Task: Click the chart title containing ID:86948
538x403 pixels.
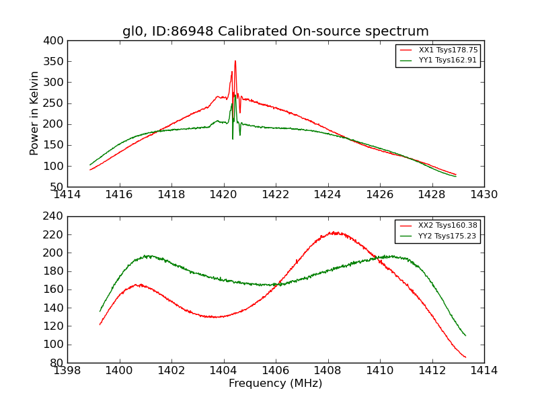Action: [x=275, y=31]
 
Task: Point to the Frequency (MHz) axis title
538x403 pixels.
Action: [x=275, y=384]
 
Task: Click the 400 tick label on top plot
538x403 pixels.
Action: [x=55, y=41]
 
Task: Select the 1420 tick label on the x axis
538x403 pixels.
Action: [x=223, y=194]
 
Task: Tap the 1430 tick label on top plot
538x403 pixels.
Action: [x=484, y=194]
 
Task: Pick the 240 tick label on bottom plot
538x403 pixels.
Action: [x=55, y=216]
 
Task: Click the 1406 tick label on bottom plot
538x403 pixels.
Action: [x=275, y=370]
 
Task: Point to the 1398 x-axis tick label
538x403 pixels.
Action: [x=67, y=370]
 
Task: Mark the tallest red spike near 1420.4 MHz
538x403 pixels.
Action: [x=235, y=61]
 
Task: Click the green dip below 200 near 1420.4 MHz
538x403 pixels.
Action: [x=233, y=138]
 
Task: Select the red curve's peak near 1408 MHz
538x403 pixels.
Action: [x=334, y=232]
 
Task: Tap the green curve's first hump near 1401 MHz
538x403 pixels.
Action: [x=147, y=255]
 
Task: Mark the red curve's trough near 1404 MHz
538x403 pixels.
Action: [x=215, y=316]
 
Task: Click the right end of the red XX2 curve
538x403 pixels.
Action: [x=465, y=357]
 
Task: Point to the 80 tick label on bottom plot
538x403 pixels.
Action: [x=58, y=363]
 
